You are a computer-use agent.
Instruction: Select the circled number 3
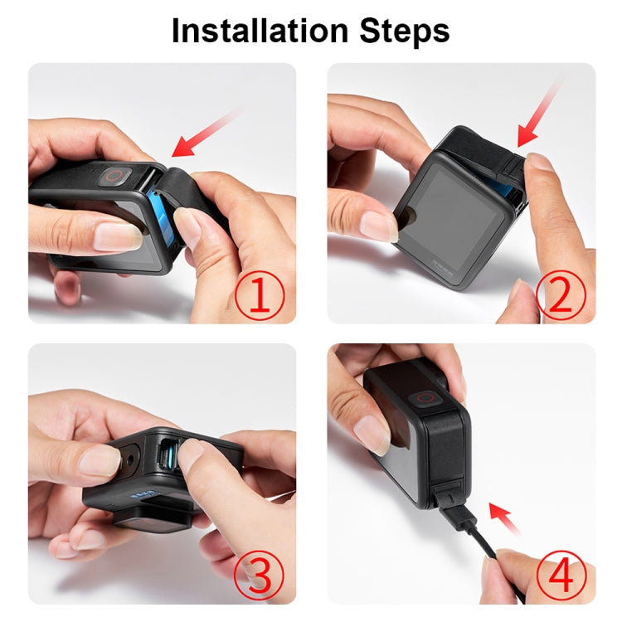(x=260, y=575)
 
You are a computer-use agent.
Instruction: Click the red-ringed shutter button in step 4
(x=428, y=399)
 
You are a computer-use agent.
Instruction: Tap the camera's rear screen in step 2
(x=452, y=220)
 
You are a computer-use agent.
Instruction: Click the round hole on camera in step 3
(x=131, y=456)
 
